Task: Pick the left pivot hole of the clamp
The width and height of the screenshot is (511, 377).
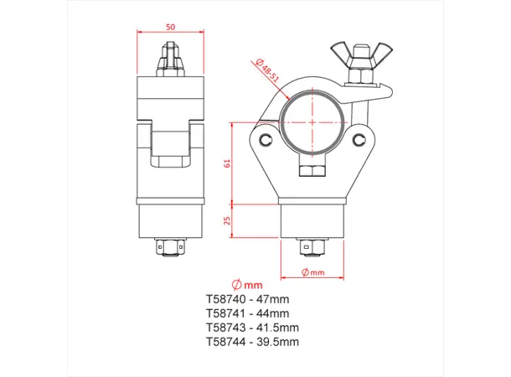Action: tap(266, 139)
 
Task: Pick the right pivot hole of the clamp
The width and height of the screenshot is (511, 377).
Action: tap(361, 138)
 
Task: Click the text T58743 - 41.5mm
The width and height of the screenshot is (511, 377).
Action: tap(251, 328)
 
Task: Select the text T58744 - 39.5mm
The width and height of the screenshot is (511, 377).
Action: tap(251, 342)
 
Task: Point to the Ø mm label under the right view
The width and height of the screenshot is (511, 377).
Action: tap(313, 272)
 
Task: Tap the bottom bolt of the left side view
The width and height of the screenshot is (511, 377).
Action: tap(171, 247)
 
